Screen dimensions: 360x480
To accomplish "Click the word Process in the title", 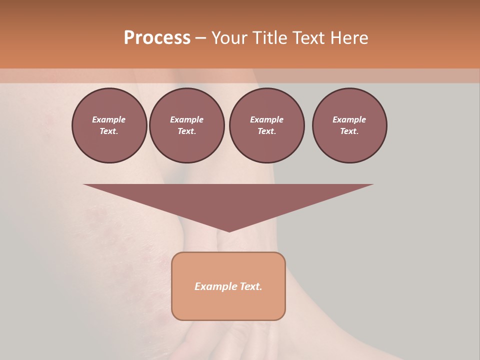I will pos(157,38).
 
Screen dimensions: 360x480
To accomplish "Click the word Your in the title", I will pos(228,38).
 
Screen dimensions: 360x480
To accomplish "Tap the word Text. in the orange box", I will pos(251,286).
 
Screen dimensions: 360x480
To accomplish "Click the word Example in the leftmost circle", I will pos(109,119).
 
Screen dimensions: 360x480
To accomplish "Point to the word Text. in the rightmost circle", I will pos(349,131).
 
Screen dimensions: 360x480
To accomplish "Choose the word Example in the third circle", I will pos(266,119).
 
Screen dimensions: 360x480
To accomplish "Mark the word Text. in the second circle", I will pos(186,131).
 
